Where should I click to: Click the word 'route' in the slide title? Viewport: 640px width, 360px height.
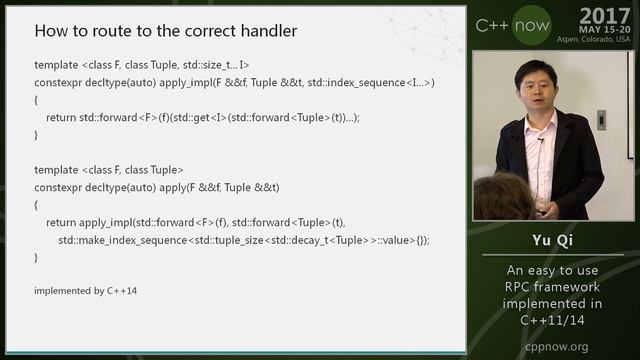coord(112,31)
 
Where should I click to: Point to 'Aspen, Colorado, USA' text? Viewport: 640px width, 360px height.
coord(594,39)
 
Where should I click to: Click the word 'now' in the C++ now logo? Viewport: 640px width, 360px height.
coord(530,24)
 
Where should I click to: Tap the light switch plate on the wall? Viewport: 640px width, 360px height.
coord(601,120)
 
